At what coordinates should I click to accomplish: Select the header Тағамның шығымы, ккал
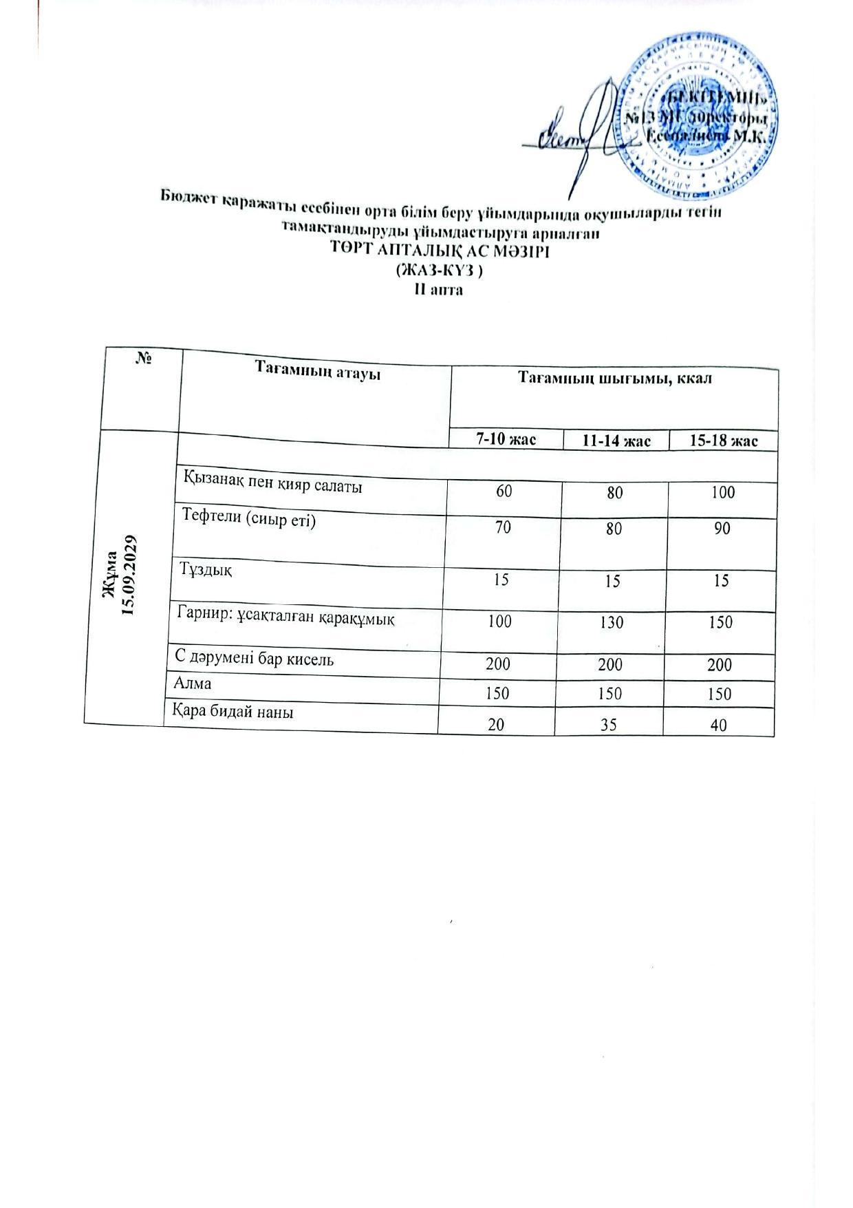614,379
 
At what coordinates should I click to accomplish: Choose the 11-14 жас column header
615,441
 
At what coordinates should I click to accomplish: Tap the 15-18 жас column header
723,441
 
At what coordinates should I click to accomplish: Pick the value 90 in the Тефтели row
722,529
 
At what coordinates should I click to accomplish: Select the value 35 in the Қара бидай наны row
610,723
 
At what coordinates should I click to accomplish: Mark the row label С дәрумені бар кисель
254,659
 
